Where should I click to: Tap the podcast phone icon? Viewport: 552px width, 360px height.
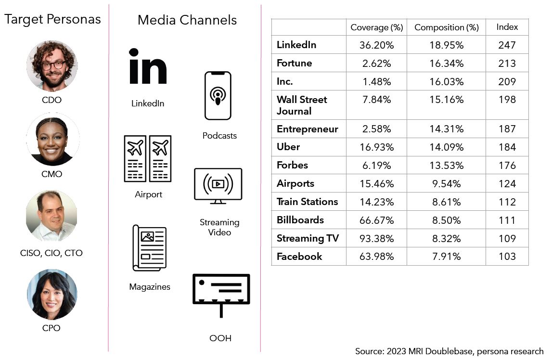tap(218, 95)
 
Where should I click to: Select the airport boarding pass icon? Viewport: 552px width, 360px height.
tap(147, 158)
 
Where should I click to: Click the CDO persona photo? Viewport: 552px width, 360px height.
tap(52, 66)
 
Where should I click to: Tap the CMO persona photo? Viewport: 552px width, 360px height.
tap(52, 140)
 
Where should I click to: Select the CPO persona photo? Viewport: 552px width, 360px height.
tap(52, 294)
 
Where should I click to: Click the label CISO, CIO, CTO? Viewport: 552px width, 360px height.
tap(51, 253)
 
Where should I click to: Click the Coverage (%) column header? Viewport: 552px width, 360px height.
tap(376, 27)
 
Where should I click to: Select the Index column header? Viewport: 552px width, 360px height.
tap(507, 27)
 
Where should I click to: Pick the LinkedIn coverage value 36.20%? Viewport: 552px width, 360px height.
tap(376, 45)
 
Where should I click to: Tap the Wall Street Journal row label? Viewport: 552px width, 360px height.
tap(302, 105)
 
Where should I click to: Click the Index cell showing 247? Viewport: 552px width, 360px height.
tap(507, 45)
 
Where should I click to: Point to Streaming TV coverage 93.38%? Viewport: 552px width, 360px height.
tap(376, 238)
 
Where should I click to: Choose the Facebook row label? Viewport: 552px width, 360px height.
tap(299, 257)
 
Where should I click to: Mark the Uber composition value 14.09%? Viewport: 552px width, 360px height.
tap(446, 147)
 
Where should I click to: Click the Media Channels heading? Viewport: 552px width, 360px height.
tap(187, 20)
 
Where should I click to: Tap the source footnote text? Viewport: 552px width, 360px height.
tap(449, 351)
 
